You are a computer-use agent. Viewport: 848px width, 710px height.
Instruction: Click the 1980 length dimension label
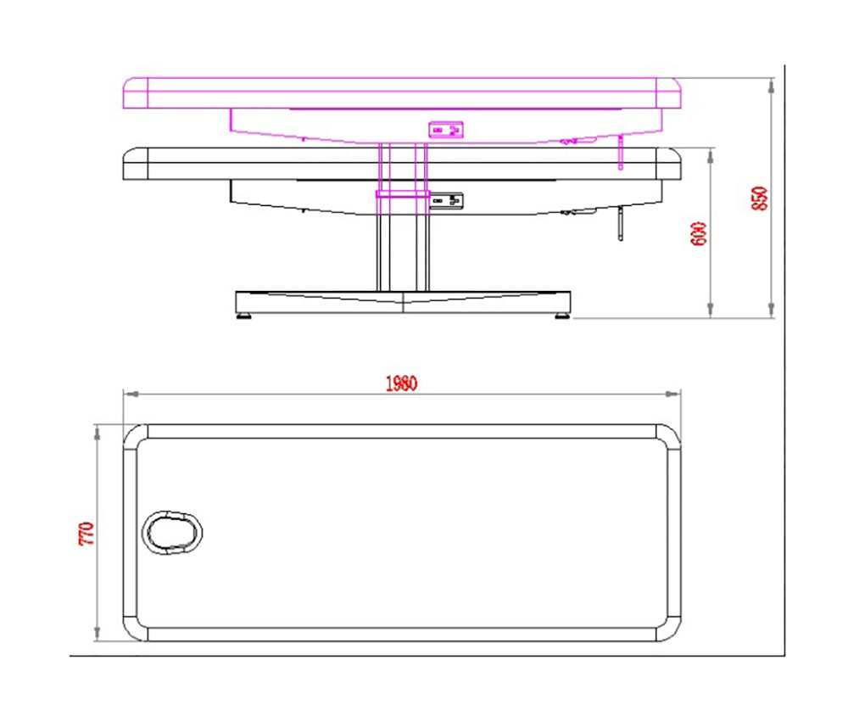pyautogui.click(x=401, y=383)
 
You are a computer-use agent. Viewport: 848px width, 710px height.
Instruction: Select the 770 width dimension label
pyautogui.click(x=86, y=534)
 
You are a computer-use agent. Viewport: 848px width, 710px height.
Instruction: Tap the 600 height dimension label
pyautogui.click(x=699, y=234)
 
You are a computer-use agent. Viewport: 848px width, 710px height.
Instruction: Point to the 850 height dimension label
pyautogui.click(x=759, y=198)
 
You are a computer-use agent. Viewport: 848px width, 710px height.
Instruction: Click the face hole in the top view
pyautogui.click(x=172, y=533)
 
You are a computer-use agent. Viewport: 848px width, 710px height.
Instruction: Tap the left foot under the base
pyautogui.click(x=243, y=316)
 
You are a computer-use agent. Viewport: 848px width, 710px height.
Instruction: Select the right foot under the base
pyautogui.click(x=561, y=316)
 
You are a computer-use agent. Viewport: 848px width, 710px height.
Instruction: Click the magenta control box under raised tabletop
pyautogui.click(x=446, y=130)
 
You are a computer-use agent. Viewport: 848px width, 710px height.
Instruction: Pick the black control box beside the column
pyautogui.click(x=447, y=201)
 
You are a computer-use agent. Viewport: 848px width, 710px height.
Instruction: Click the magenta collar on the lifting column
pyautogui.click(x=403, y=193)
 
